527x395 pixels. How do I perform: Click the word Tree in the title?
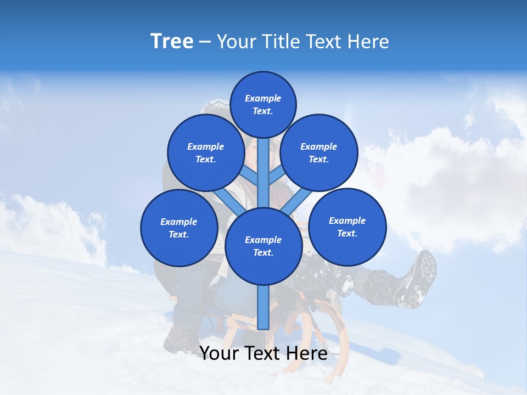pos(172,42)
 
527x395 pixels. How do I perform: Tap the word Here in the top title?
pos(368,42)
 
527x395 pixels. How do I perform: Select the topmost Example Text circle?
pos(263,104)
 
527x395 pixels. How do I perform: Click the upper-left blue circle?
pos(205,153)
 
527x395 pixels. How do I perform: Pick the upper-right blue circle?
pos(319,153)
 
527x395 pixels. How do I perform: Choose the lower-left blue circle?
pos(179,228)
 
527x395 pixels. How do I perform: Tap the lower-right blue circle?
pos(347,227)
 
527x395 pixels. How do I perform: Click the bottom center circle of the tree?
pos(263,246)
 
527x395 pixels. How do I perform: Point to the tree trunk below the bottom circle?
pos(263,307)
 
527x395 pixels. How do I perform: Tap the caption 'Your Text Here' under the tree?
pos(263,353)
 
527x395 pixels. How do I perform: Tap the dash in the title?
pos(205,42)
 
